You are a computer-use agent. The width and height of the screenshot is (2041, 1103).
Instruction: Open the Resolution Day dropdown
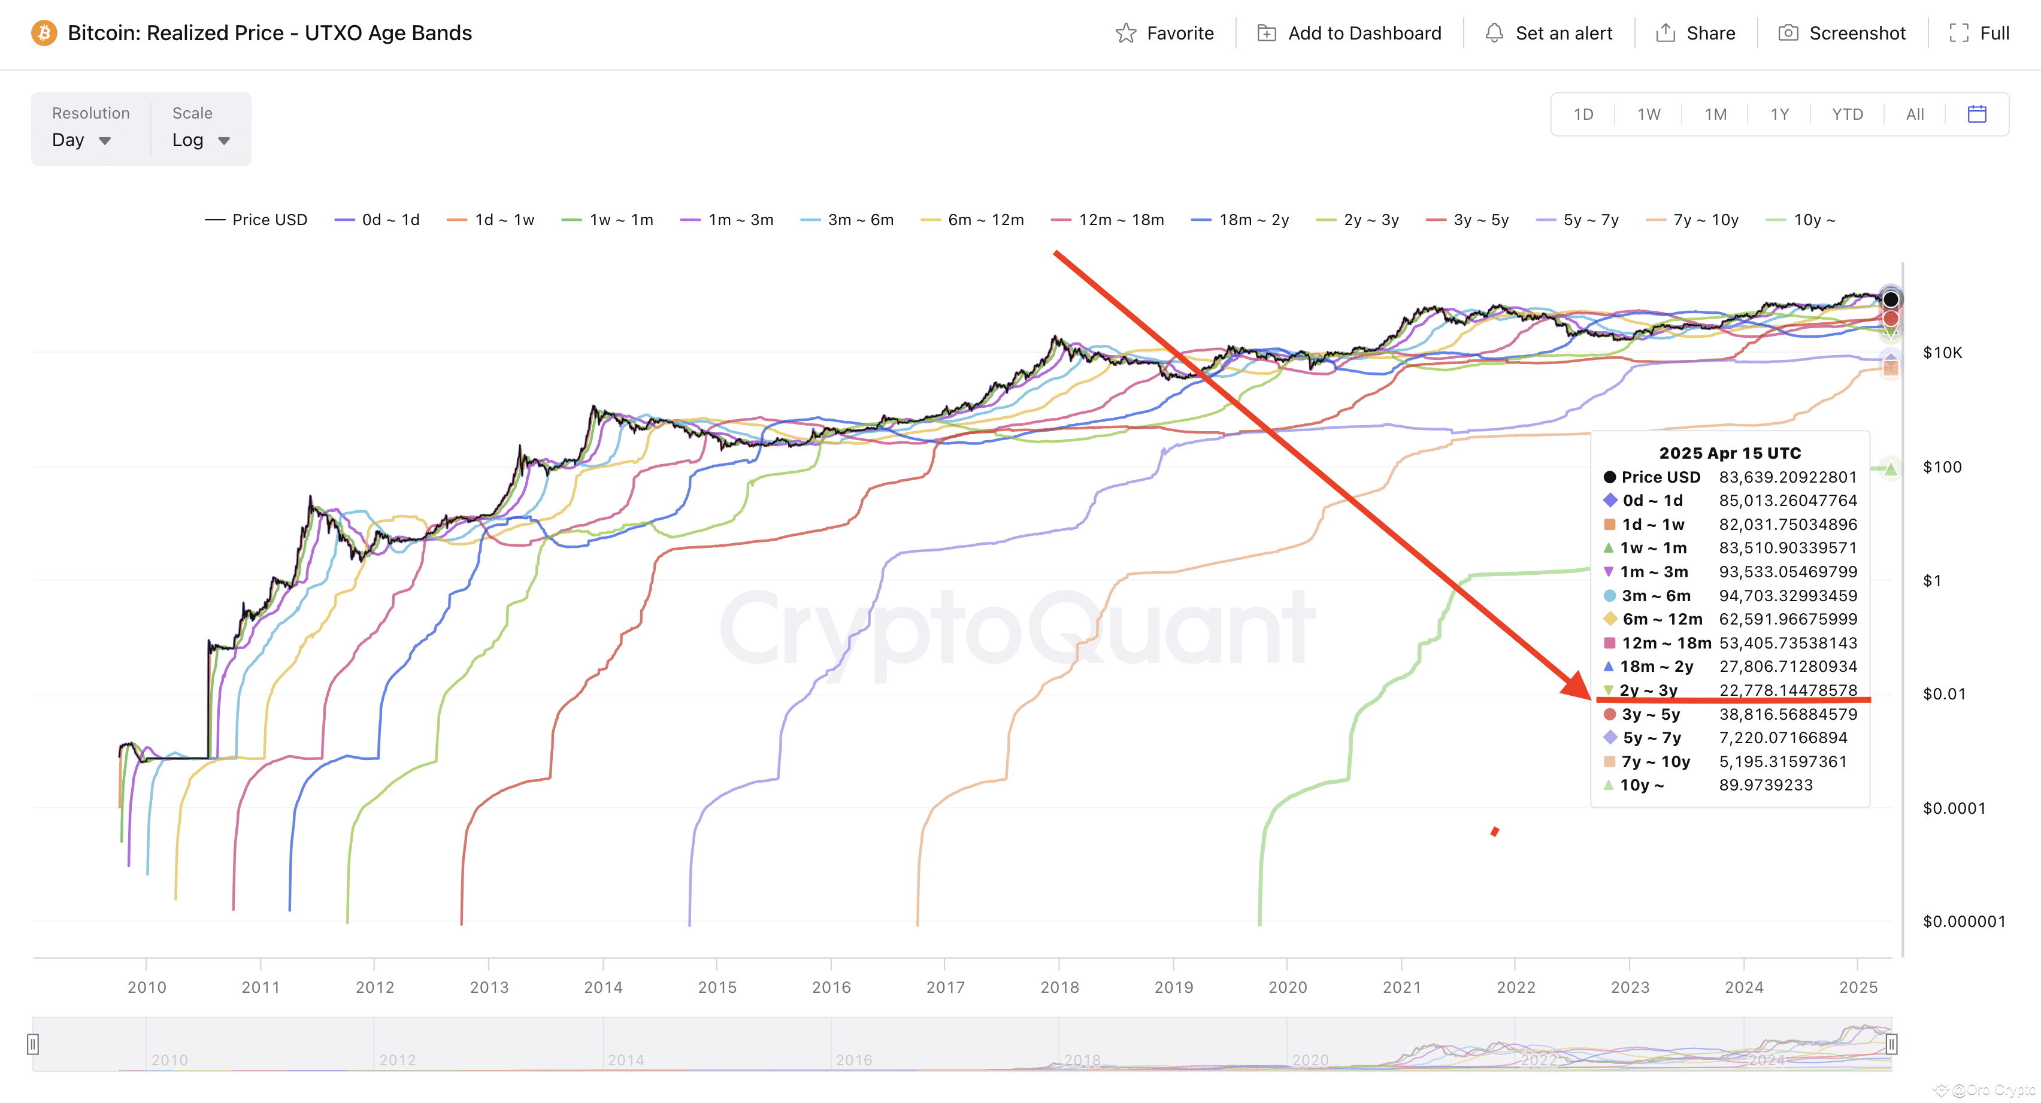pyautogui.click(x=81, y=140)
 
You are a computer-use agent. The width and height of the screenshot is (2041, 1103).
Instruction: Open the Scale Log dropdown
pyautogui.click(x=201, y=140)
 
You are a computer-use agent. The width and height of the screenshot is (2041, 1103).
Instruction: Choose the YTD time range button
pyautogui.click(x=1847, y=114)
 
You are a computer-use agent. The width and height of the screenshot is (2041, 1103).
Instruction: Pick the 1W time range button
pyautogui.click(x=1649, y=114)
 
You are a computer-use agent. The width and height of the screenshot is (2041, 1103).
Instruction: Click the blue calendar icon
pyautogui.click(x=1977, y=114)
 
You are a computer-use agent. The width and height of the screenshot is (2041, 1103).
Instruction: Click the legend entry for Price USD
pyautogui.click(x=256, y=220)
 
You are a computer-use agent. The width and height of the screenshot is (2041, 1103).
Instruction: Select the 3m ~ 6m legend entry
pyautogui.click(x=847, y=220)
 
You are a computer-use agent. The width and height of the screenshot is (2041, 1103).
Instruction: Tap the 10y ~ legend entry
pyautogui.click(x=1801, y=220)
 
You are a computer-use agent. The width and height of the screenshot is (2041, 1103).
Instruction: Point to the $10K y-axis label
pyautogui.click(x=1942, y=353)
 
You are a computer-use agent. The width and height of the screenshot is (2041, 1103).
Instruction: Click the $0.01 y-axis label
pyautogui.click(x=1943, y=694)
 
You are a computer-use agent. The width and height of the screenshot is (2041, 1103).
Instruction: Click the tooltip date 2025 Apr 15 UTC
pyautogui.click(x=1730, y=453)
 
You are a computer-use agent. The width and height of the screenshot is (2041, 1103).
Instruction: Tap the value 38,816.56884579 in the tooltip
pyautogui.click(x=1788, y=714)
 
